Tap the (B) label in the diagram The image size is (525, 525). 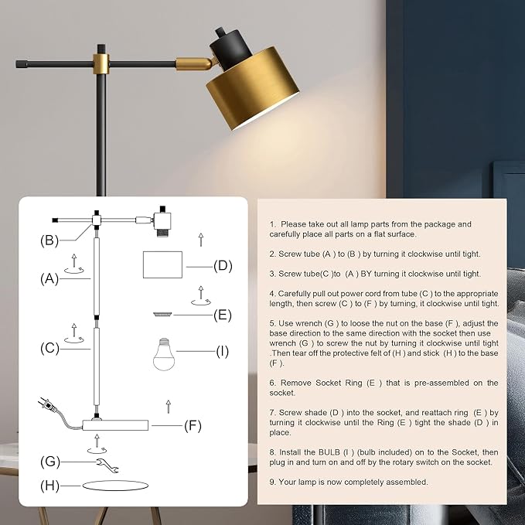(49, 240)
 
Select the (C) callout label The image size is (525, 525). (49, 348)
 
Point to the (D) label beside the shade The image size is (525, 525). (223, 265)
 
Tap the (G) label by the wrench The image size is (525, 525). (50, 462)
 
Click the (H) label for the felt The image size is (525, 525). (50, 486)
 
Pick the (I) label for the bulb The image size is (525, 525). (222, 352)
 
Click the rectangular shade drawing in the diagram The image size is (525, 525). (162, 264)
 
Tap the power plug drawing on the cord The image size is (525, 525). (45, 405)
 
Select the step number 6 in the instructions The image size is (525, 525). (272, 383)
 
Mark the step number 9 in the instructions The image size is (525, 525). (272, 482)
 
